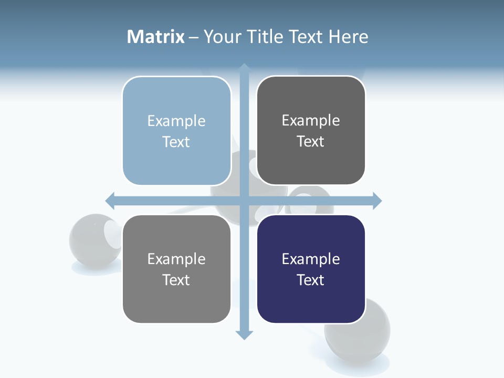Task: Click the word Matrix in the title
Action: (x=155, y=37)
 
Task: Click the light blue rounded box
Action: (x=176, y=131)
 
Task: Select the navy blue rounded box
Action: (x=311, y=269)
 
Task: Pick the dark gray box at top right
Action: (x=311, y=131)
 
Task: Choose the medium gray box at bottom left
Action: (x=176, y=269)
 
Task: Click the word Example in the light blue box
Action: (x=176, y=121)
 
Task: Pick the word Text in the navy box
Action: (x=311, y=280)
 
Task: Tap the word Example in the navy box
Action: (x=311, y=259)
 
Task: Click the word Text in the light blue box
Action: (x=176, y=142)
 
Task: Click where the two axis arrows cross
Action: (x=244, y=201)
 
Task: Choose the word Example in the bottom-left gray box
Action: (x=176, y=259)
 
